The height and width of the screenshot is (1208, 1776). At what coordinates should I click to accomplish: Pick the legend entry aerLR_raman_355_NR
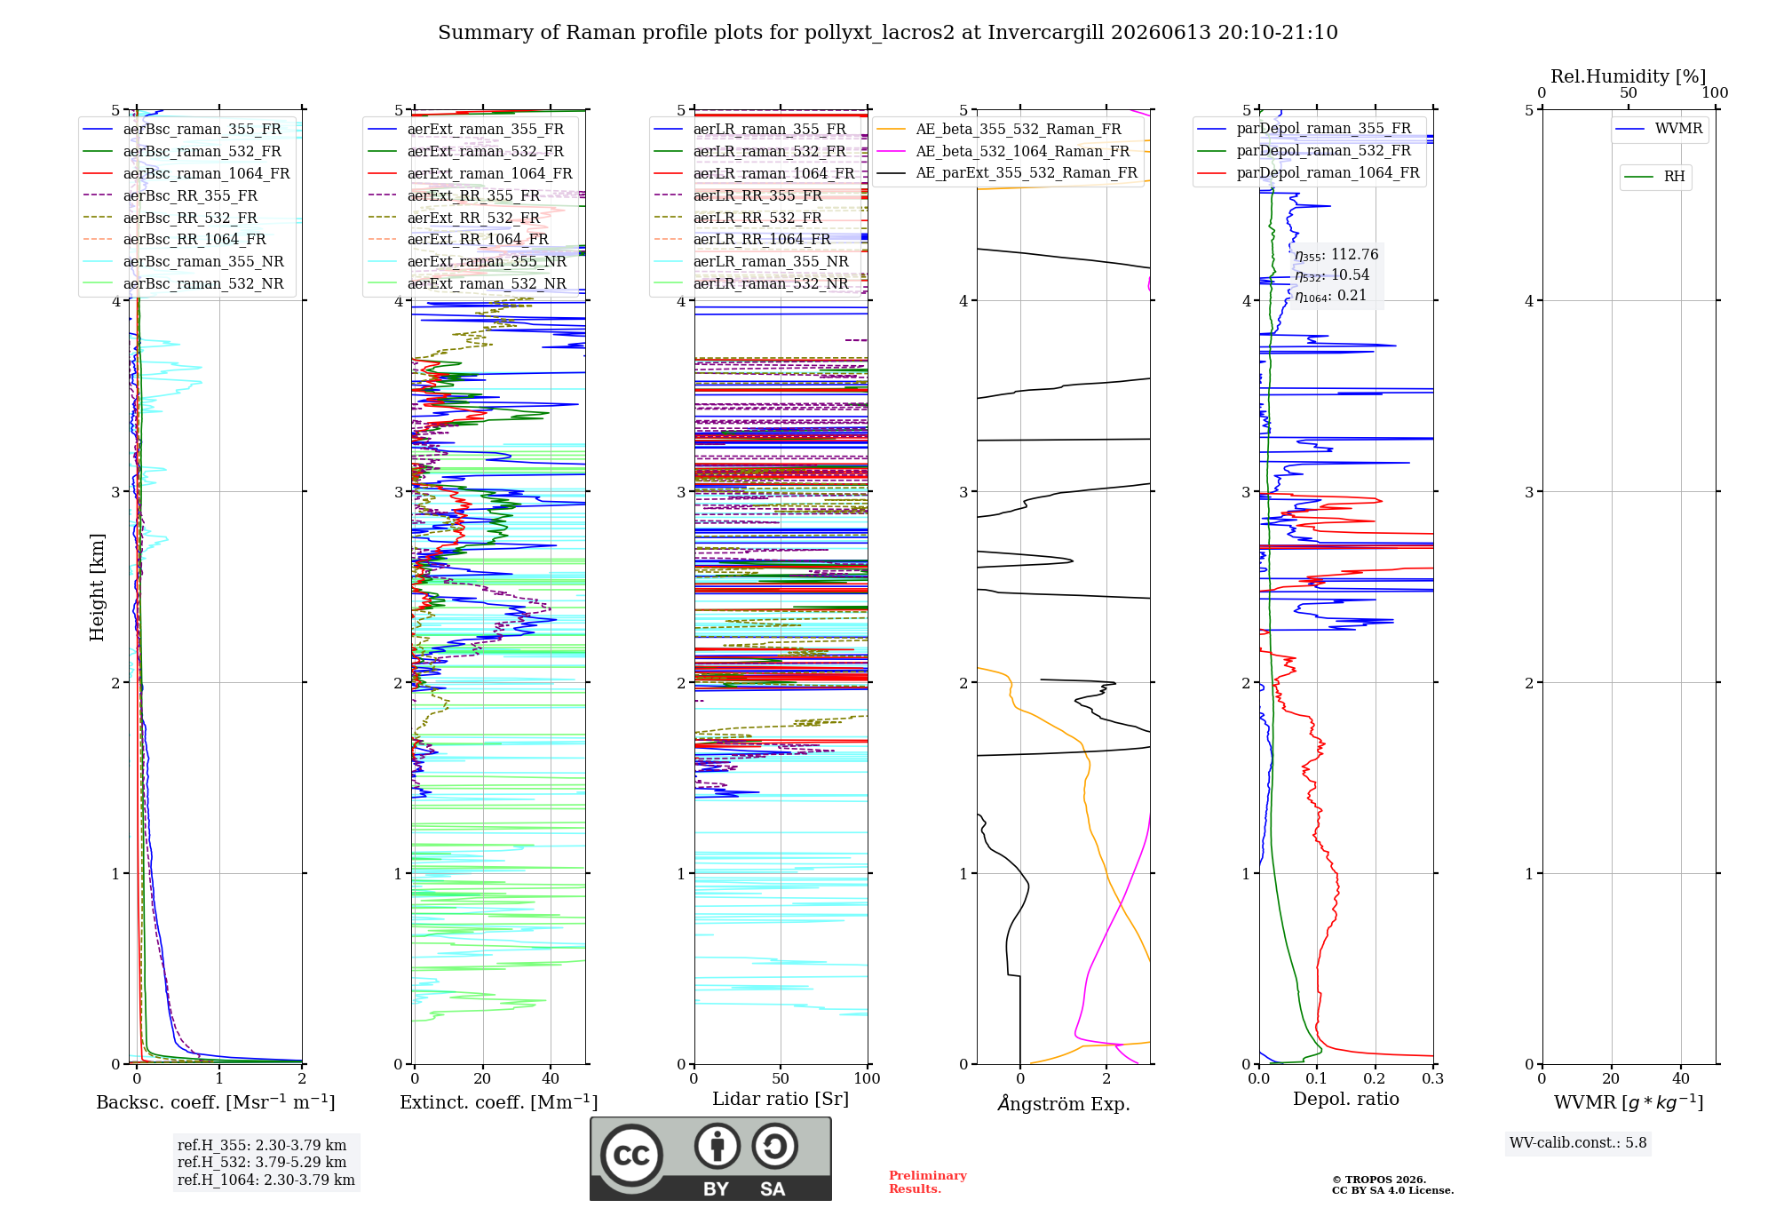click(751, 261)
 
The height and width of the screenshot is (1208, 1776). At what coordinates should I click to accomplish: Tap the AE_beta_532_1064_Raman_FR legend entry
click(1003, 151)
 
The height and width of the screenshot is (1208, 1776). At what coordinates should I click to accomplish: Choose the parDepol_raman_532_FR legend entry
click(1304, 150)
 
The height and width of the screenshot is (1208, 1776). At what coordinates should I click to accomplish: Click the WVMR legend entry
click(1660, 129)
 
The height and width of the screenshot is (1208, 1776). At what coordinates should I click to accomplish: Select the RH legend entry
click(1655, 177)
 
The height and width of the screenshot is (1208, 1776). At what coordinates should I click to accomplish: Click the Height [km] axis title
click(97, 587)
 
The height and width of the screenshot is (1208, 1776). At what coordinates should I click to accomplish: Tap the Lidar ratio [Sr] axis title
click(781, 1100)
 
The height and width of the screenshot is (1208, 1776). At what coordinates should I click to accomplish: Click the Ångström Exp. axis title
click(1064, 1103)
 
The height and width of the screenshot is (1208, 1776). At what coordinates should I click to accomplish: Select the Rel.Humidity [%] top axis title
click(1629, 76)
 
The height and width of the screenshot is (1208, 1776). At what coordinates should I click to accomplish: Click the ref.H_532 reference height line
click(262, 1162)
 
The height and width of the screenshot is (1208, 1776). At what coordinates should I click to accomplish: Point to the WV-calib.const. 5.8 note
click(1578, 1143)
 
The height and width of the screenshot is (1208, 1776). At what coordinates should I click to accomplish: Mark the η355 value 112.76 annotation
click(1336, 255)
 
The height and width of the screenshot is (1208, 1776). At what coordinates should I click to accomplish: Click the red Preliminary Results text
click(928, 1182)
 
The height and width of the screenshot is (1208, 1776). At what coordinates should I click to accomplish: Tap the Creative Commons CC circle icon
click(631, 1156)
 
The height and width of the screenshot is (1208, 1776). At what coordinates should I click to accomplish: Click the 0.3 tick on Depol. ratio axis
click(1433, 1079)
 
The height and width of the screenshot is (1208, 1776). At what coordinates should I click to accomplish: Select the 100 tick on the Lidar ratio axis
click(868, 1079)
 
